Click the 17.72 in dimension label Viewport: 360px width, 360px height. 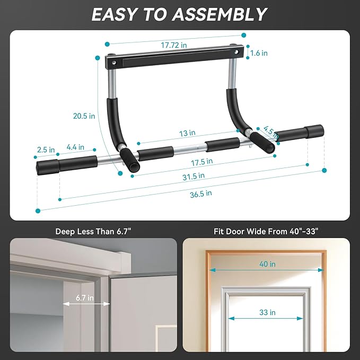pyautogui.click(x=174, y=46)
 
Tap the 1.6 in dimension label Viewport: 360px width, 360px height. pyautogui.click(x=258, y=53)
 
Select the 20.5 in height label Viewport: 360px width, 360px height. pyautogui.click(x=84, y=116)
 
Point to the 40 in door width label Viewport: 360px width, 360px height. pyautogui.click(x=267, y=264)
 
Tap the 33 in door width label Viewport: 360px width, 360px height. pyautogui.click(x=267, y=312)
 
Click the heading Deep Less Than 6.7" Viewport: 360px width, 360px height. pyautogui.click(x=93, y=231)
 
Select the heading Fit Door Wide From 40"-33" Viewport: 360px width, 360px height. pyautogui.click(x=266, y=231)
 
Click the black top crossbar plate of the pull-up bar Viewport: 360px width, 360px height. pyautogui.click(x=175, y=57)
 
